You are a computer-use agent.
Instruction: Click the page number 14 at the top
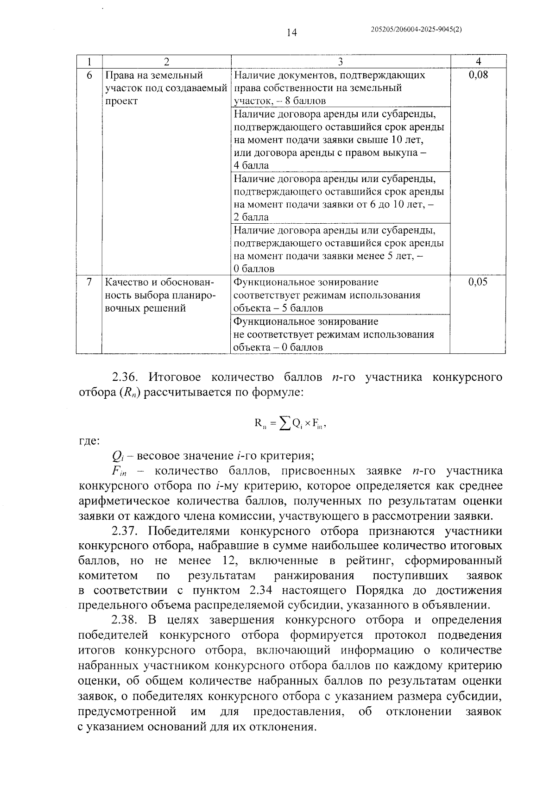tap(291, 32)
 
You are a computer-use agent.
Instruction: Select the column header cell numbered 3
tap(340, 62)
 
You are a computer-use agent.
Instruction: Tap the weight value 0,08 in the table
tap(478, 75)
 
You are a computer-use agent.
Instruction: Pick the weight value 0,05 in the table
tap(478, 282)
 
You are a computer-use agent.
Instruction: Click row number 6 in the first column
tap(89, 75)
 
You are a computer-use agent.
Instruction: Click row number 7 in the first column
tap(89, 282)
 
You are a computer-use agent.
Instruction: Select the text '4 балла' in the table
tap(251, 165)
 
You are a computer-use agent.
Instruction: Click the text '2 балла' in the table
tap(251, 217)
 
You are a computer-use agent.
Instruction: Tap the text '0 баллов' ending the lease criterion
tap(254, 269)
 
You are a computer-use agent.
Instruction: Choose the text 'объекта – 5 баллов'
tap(278, 308)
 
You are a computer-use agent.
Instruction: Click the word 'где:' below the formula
tap(88, 441)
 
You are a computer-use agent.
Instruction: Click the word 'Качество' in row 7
tap(125, 282)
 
